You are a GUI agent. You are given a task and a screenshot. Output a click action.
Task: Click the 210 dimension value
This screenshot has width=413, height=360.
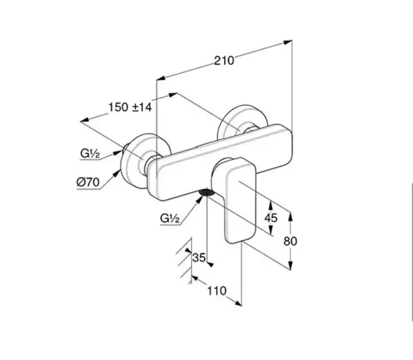click(x=224, y=60)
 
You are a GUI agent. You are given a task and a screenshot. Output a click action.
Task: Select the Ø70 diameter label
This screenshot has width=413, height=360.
click(x=88, y=183)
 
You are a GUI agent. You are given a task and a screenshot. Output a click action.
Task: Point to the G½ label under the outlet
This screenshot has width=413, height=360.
click(x=171, y=218)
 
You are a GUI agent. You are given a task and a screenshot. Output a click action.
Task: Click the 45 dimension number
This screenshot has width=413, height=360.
click(x=271, y=218)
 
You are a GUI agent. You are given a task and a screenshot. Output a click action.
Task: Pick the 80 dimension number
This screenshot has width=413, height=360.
click(x=290, y=241)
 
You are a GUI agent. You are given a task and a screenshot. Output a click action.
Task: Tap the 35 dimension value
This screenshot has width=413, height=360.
click(x=198, y=258)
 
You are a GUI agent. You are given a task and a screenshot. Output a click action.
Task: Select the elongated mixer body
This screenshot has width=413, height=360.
click(x=223, y=163)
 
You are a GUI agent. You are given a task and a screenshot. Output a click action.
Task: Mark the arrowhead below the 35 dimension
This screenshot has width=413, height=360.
click(x=208, y=263)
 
